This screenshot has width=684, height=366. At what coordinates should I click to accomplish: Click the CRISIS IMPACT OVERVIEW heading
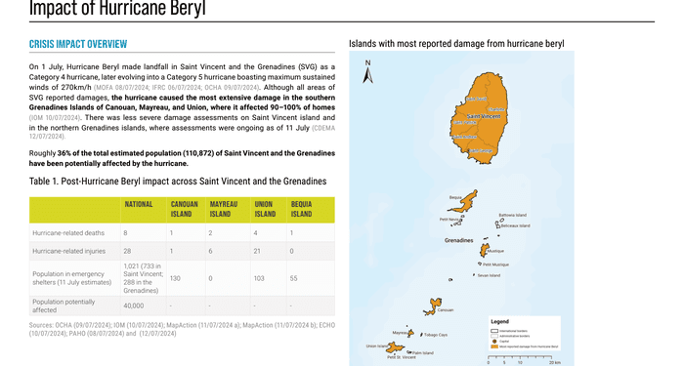tap(78, 44)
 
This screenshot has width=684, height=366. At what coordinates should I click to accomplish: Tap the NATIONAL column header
tap(137, 204)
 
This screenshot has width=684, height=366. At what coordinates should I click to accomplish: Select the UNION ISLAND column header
tap(265, 209)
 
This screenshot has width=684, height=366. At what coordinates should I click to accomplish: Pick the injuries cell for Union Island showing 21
tap(257, 251)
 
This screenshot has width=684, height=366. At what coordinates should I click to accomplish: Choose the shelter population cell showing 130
tap(175, 278)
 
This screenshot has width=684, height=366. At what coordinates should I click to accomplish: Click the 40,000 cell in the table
tap(134, 305)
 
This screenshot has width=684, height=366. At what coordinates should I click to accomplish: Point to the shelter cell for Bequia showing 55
tap(293, 278)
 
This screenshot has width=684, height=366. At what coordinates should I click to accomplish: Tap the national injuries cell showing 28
tap(126, 251)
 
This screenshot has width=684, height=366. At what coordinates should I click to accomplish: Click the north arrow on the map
tap(367, 74)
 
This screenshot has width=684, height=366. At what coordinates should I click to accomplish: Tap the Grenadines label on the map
tap(458, 239)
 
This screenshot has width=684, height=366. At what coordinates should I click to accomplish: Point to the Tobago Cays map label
tap(436, 335)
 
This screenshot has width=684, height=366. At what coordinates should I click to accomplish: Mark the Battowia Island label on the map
tap(512, 215)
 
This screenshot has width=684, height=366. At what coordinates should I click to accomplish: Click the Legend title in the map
tap(499, 321)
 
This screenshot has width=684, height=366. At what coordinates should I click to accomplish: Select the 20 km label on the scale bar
tap(555, 362)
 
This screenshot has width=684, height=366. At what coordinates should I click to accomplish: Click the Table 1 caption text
tap(177, 181)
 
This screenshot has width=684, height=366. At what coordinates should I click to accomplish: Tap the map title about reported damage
tap(456, 44)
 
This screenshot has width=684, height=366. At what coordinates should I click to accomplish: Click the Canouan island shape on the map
tap(432, 305)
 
